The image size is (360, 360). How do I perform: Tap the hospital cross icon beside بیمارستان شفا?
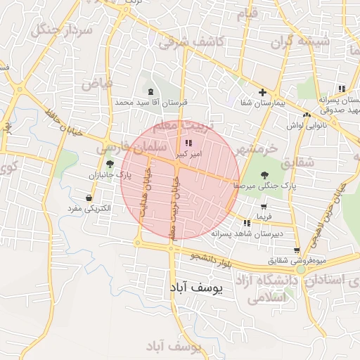pyautogui.click(x=262, y=92)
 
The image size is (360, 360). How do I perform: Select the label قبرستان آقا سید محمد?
pyautogui.click(x=153, y=103)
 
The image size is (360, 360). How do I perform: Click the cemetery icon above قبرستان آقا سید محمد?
pyautogui.click(x=153, y=91)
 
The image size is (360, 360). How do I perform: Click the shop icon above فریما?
pyautogui.click(x=264, y=207)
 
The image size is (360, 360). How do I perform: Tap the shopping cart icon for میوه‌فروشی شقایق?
pyautogui.click(x=297, y=250)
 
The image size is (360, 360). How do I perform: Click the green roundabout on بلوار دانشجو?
pyautogui.click(x=301, y=269)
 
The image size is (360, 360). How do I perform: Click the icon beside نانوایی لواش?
pyautogui.click(x=307, y=115)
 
